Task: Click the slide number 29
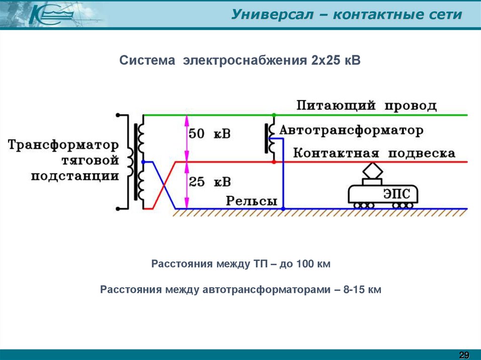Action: pos(464,354)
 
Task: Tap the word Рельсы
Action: pos(251,201)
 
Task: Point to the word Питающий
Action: pos(335,106)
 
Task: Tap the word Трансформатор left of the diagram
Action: pos(63,144)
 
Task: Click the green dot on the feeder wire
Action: pos(273,115)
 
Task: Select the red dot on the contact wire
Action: pos(273,162)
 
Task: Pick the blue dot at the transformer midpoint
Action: pos(143,162)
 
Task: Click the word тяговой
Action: pos(90,161)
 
